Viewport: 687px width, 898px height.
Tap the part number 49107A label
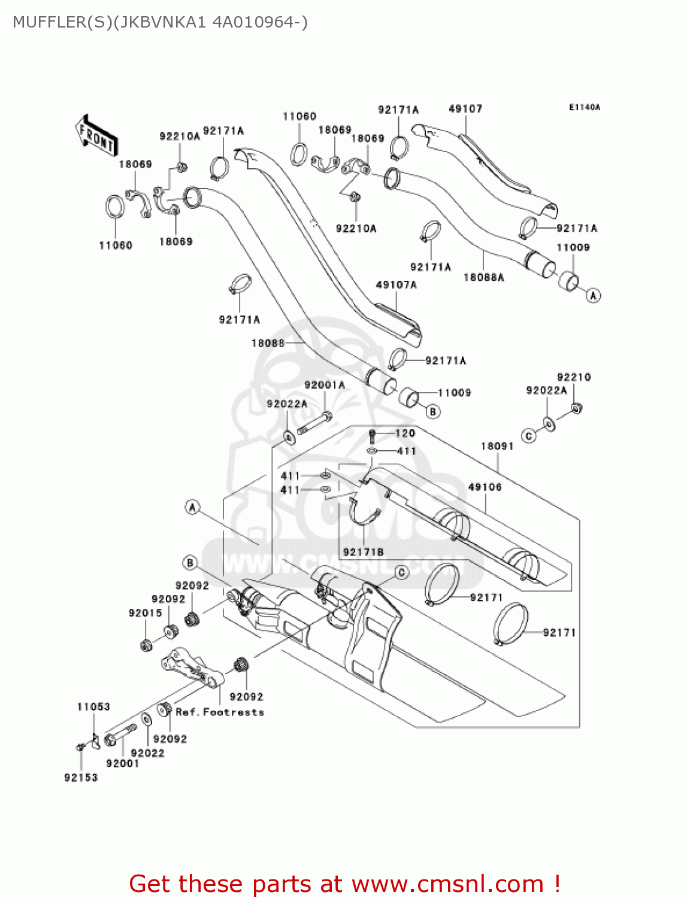click(396, 285)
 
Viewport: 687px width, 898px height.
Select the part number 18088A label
click(483, 277)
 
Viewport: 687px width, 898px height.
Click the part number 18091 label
click(497, 446)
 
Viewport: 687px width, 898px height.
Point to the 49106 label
click(485, 487)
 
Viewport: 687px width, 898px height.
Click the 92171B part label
click(363, 552)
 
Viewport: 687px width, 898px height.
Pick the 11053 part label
click(93, 706)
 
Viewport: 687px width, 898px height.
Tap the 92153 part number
click(81, 777)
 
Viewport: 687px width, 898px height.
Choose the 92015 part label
click(145, 613)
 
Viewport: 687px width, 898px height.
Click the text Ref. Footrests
click(220, 712)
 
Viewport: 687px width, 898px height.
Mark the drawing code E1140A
click(584, 108)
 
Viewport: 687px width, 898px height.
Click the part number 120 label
click(405, 433)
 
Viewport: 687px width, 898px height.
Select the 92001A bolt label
click(325, 385)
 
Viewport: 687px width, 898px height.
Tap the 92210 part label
click(574, 377)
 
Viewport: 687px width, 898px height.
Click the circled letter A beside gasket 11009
click(593, 296)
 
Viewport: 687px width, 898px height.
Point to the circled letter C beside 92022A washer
click(528, 436)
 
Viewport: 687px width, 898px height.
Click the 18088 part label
click(268, 343)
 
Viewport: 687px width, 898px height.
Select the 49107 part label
click(465, 108)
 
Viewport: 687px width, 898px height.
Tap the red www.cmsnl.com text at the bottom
click(447, 884)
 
